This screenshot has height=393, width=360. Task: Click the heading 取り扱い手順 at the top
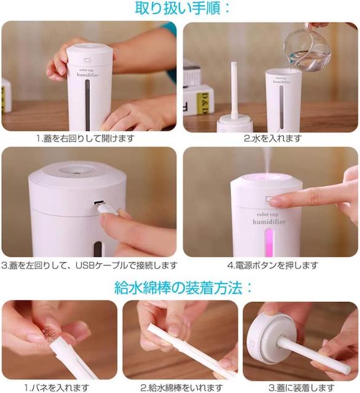pyautogui.click(x=182, y=8)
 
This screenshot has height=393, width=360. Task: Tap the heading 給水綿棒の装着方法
pyautogui.click(x=182, y=287)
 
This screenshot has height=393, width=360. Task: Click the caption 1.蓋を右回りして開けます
pyautogui.click(x=85, y=138)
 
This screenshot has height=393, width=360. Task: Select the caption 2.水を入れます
pyautogui.click(x=272, y=138)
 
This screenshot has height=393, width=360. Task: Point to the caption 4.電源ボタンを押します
pyautogui.click(x=273, y=265)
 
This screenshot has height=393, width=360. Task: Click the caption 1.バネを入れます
pyautogui.click(x=57, y=387)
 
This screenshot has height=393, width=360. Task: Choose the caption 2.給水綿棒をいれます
pyautogui.click(x=181, y=387)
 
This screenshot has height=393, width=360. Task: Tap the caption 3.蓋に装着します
pyautogui.click(x=302, y=387)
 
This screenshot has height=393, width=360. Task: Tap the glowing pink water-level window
pyautogui.click(x=269, y=241)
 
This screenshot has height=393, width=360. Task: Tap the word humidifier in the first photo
pyautogui.click(x=87, y=75)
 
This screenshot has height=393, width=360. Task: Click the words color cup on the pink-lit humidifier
pyautogui.click(x=267, y=215)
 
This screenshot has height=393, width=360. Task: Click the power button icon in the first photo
pyautogui.click(x=87, y=60)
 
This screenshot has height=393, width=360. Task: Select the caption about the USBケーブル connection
pyautogui.click(x=90, y=265)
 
